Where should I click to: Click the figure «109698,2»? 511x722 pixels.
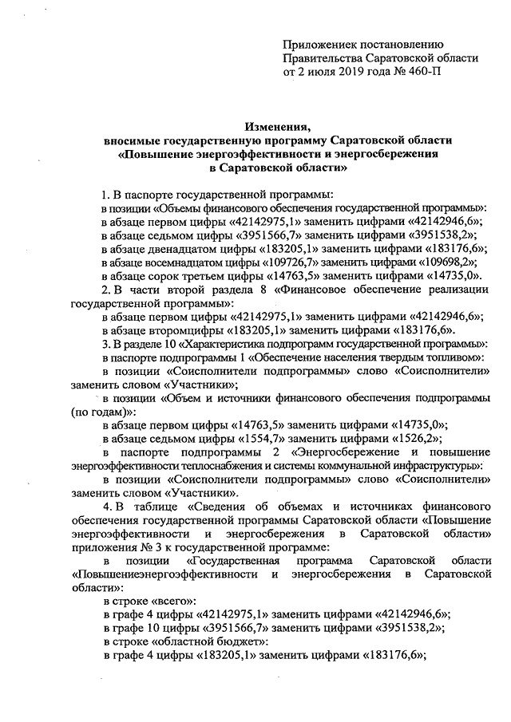pos(443,261)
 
